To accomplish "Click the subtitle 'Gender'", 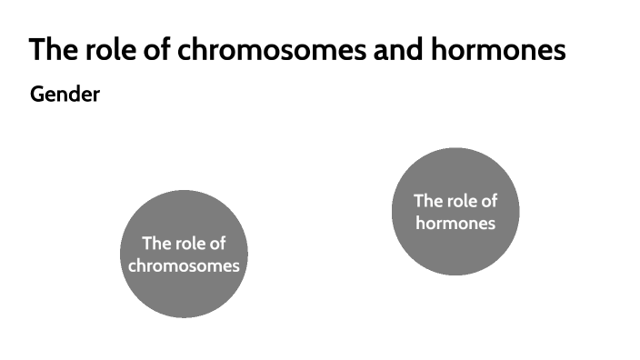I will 65,94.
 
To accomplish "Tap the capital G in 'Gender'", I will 37,94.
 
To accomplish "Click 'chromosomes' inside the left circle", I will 184,265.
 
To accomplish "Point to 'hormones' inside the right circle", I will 455,222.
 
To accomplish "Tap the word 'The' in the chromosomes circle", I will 156,244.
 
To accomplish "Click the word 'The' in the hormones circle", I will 428,200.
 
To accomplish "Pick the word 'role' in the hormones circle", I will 463,200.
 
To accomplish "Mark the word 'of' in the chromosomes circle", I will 217,244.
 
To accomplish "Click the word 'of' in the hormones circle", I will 489,200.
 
